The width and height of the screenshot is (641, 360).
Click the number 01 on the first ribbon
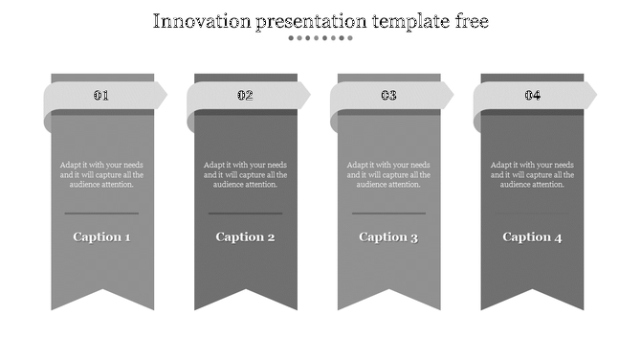[101, 95]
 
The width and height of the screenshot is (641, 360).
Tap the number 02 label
[245, 95]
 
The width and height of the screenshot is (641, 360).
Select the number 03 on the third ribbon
[388, 95]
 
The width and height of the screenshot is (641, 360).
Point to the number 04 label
[532, 95]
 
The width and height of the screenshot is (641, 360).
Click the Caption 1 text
[101, 236]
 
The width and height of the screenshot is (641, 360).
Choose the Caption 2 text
[245, 236]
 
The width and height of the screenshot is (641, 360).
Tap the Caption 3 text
[388, 236]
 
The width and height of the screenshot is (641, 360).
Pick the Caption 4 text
[532, 236]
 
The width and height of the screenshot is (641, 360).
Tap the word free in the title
[471, 21]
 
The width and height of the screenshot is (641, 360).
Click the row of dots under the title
[320, 38]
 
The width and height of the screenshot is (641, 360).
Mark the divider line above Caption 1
[101, 213]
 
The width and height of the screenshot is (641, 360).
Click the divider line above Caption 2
[245, 213]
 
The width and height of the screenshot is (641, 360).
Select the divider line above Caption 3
[388, 213]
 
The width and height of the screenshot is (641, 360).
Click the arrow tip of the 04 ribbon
[591, 95]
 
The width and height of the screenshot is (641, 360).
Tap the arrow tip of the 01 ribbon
[162, 95]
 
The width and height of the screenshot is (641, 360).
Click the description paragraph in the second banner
[245, 174]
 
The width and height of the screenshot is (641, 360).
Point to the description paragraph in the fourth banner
[532, 174]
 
